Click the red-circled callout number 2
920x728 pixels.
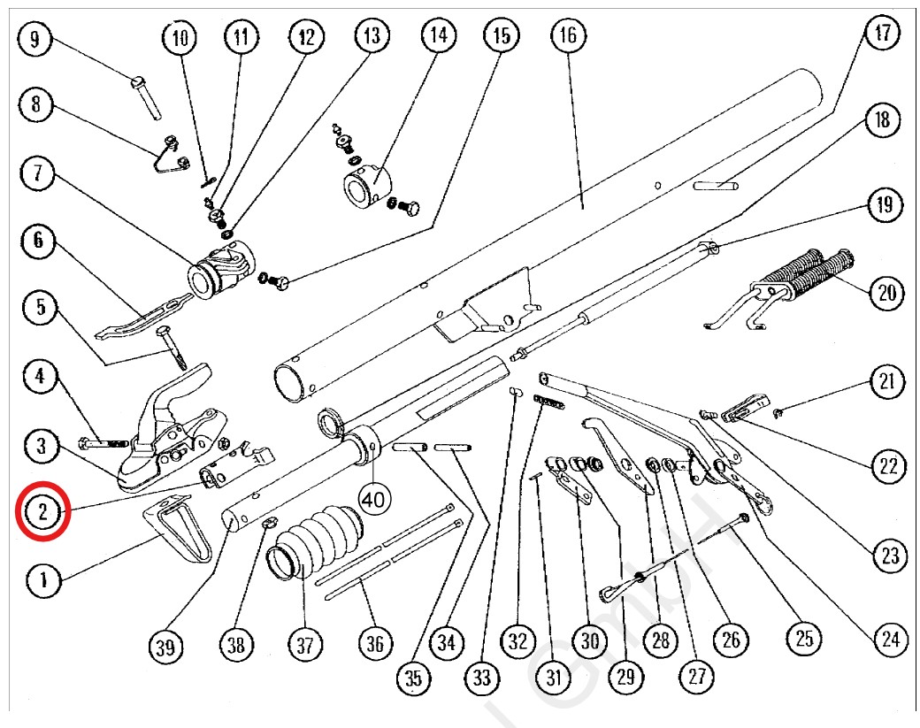pos(43,510)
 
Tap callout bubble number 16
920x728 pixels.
pos(568,36)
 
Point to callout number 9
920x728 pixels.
pos(35,40)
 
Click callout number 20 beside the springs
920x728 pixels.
pos(887,293)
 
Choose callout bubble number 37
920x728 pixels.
pos(304,645)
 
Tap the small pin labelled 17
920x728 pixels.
pos(716,186)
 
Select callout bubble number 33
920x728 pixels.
pos(481,678)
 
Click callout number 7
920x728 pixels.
pos(36,173)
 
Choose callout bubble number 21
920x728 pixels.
pos(887,383)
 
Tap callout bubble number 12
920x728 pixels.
pos(306,37)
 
